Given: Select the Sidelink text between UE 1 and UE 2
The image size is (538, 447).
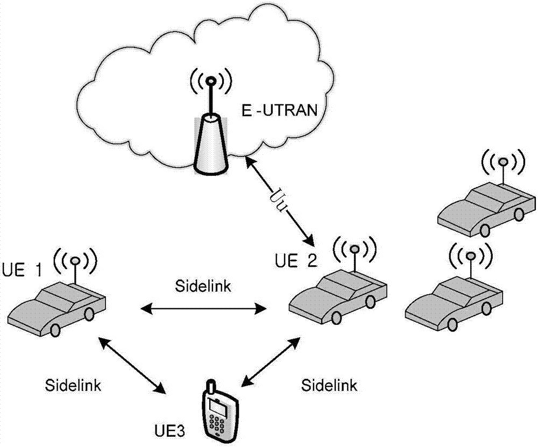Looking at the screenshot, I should pos(203,286).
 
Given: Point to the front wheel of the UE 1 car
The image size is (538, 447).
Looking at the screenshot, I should pos(55,330).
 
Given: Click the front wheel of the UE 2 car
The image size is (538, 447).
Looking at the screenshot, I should pos(336,317).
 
